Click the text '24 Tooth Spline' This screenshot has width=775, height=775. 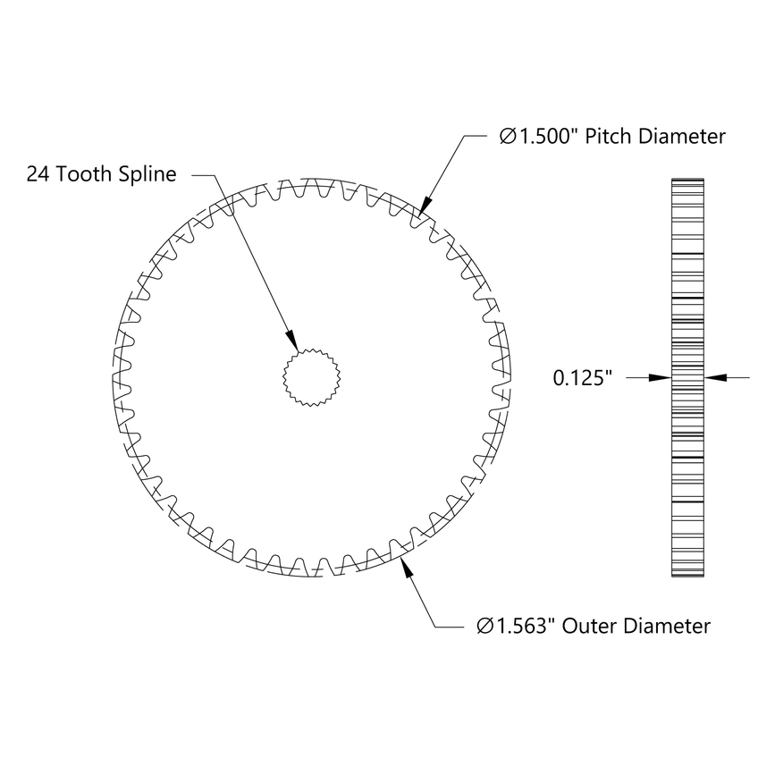click(x=101, y=173)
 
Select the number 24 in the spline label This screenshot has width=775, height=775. click(x=38, y=173)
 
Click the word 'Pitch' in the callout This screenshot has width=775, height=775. click(x=611, y=137)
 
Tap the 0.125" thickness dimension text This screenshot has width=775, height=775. click(x=582, y=378)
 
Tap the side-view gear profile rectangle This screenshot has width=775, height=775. click(x=687, y=378)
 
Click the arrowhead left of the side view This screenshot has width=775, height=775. click(x=660, y=378)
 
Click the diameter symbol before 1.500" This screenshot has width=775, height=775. click(x=507, y=137)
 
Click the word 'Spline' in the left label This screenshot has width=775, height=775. click(x=149, y=173)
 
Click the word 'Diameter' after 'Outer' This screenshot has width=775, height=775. click(x=667, y=626)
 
